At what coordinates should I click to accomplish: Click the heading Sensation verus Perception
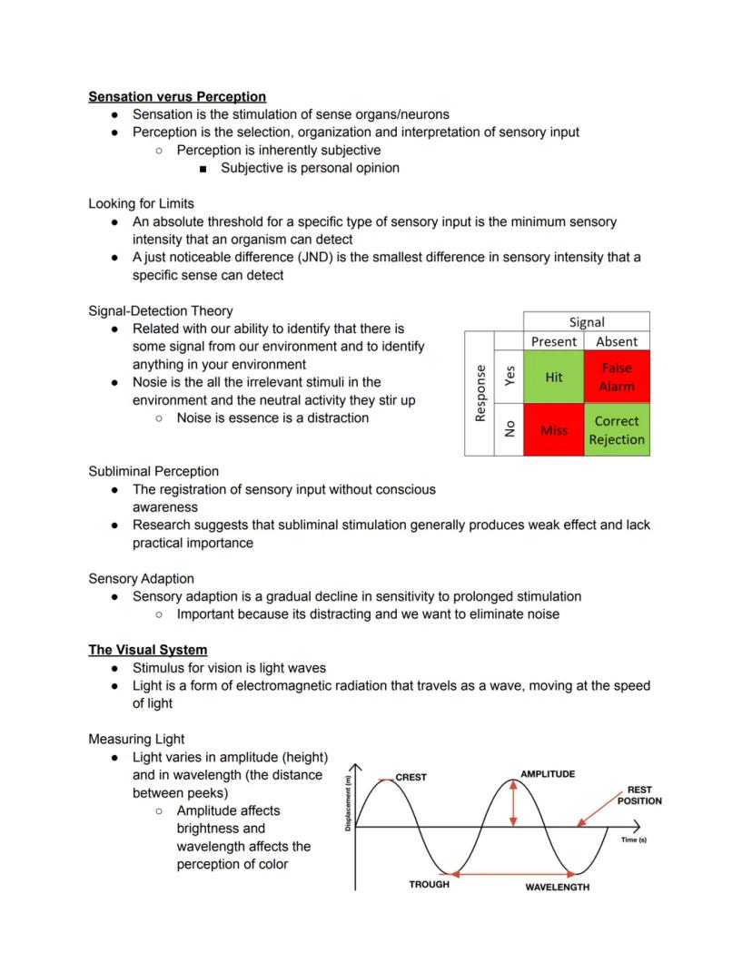177,96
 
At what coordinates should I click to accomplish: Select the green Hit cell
554,377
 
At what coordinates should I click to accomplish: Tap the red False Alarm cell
617,377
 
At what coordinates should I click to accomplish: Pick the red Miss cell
554,430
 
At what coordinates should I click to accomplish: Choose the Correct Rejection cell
617,430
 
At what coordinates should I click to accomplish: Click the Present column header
554,341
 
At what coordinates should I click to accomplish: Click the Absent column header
617,341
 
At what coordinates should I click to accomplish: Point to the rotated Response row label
480,393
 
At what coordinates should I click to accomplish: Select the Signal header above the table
587,322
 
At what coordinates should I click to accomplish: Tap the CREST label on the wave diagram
411,777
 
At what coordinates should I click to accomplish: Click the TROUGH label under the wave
429,884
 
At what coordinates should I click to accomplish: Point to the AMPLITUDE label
547,774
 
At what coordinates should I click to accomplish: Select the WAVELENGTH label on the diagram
557,887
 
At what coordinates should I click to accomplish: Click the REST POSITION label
639,795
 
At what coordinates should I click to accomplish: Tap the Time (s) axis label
634,840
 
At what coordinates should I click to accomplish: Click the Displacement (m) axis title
348,802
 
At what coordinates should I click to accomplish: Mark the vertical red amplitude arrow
513,804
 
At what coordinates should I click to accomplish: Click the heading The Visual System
147,650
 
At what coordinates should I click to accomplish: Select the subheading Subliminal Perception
153,471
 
